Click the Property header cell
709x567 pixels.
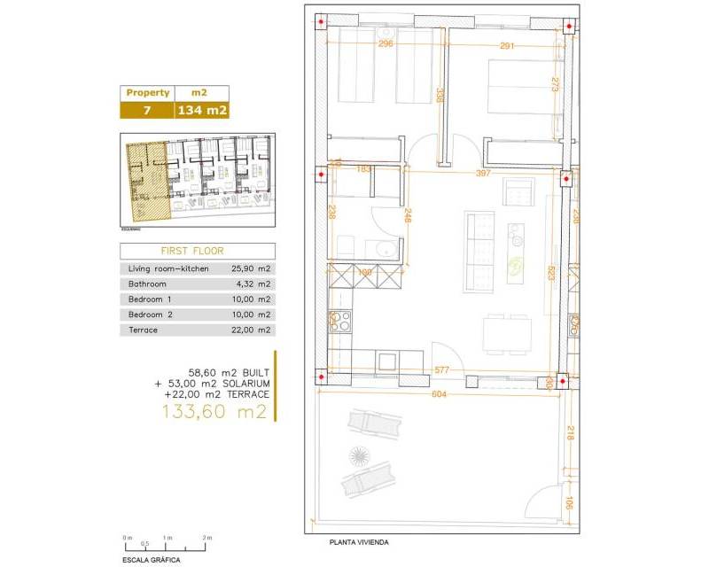[x=147, y=93]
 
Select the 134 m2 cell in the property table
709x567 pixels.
[x=203, y=111]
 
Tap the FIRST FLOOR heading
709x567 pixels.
[x=198, y=251]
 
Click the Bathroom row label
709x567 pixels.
[x=147, y=283]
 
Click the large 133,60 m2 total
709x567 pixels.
[x=214, y=412]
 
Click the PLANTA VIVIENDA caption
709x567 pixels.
[x=359, y=542]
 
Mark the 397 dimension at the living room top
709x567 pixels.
[x=483, y=174]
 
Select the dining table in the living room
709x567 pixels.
[x=507, y=333]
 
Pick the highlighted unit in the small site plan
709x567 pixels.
[x=146, y=182]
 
